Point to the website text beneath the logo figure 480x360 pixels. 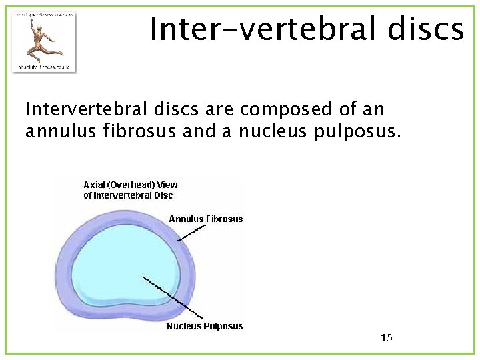coord(44,66)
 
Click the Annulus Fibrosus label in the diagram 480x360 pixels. coord(206,219)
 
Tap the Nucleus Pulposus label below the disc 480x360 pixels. coord(205,326)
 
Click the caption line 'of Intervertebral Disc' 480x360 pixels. coord(129,195)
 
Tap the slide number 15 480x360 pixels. coord(387,338)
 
